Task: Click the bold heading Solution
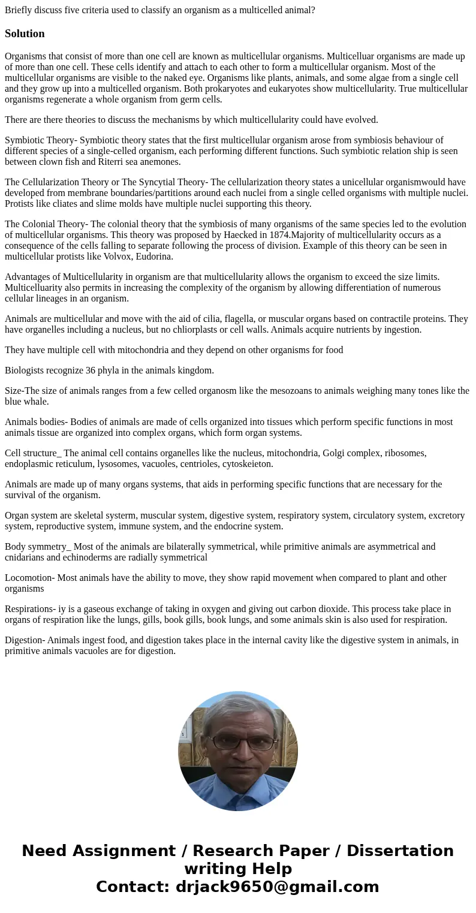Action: pyautogui.click(x=25, y=34)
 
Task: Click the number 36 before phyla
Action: pyautogui.click(x=91, y=370)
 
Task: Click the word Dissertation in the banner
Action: pyautogui.click(x=400, y=851)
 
